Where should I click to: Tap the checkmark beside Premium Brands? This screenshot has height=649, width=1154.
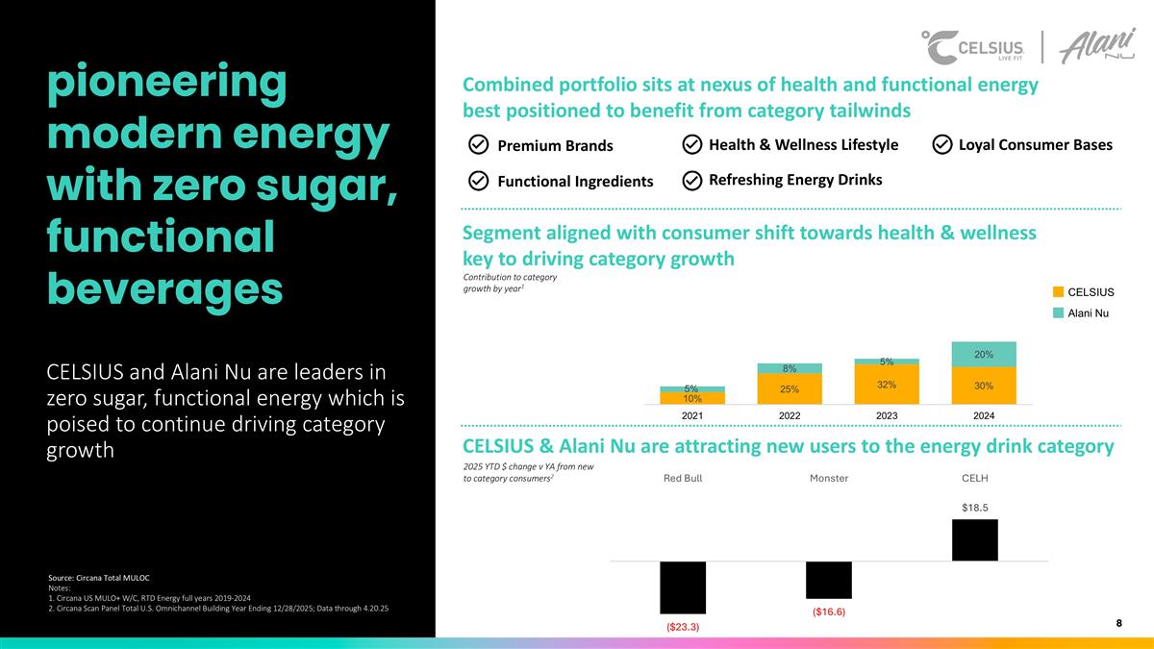click(x=478, y=145)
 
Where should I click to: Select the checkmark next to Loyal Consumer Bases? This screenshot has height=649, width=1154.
click(x=942, y=144)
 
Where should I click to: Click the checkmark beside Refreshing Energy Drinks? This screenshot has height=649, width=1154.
click(x=691, y=180)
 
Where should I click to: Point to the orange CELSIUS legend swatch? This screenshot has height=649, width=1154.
click(x=1058, y=291)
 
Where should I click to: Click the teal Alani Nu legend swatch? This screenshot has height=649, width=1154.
click(x=1058, y=312)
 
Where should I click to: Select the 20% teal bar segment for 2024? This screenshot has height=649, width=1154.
click(x=983, y=354)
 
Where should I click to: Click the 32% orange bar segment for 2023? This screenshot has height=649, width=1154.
click(x=887, y=384)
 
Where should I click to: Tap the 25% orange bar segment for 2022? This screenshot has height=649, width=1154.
click(x=790, y=388)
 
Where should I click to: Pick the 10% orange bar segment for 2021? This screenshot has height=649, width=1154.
click(x=692, y=398)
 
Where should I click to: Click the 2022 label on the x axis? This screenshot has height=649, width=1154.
click(x=790, y=414)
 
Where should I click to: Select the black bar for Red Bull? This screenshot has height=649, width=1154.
click(x=683, y=587)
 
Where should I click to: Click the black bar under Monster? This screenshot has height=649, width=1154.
click(x=828, y=580)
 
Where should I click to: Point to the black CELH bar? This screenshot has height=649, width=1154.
click(x=974, y=540)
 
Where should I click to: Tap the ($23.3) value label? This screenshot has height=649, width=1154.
click(x=683, y=627)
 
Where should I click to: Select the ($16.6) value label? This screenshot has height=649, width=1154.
click(x=828, y=612)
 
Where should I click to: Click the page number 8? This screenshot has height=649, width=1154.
click(x=1119, y=623)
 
